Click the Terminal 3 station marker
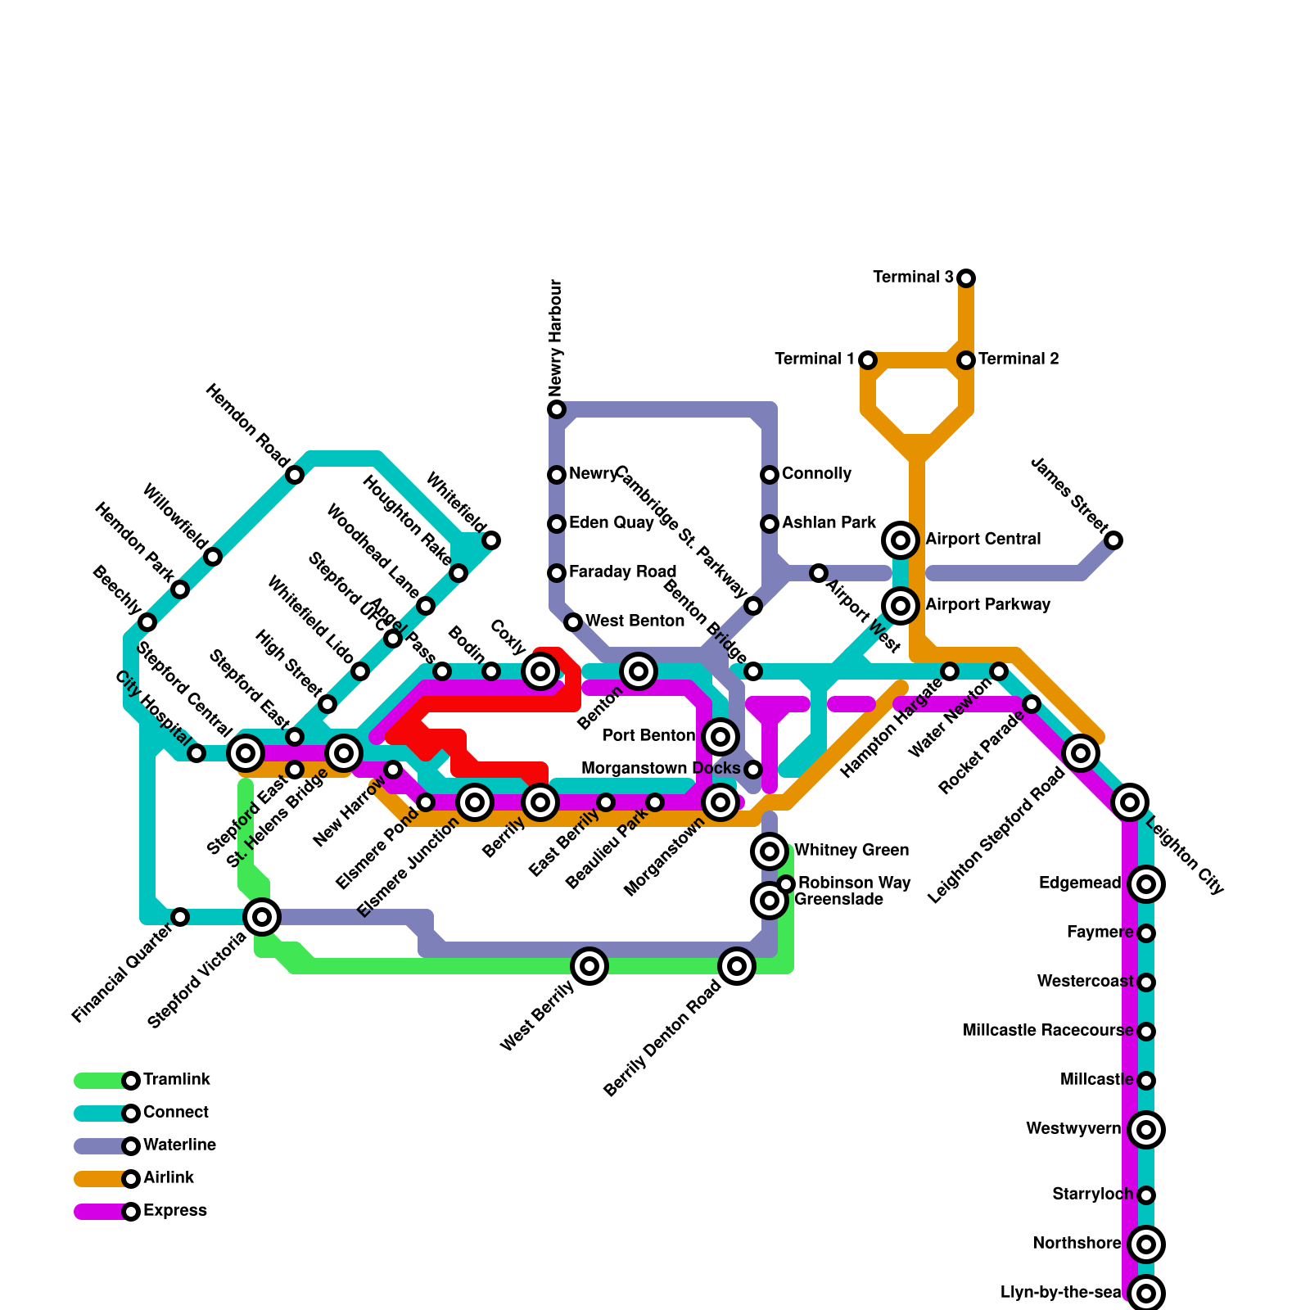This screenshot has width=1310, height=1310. tap(966, 278)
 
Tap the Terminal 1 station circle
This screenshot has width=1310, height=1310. tap(868, 360)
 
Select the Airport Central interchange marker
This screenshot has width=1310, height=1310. tap(901, 540)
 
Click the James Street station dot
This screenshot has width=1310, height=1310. tap(1113, 540)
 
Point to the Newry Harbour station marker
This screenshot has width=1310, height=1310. tap(557, 409)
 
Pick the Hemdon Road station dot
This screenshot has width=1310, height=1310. tap(295, 475)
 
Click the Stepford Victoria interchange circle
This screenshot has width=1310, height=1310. tap(262, 916)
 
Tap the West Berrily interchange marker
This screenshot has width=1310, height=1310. tap(589, 966)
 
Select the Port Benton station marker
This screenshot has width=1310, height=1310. tap(720, 737)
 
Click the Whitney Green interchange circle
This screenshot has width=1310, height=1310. tap(770, 851)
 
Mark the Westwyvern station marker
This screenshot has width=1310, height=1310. tap(1146, 1130)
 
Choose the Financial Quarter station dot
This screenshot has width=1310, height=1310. tap(180, 917)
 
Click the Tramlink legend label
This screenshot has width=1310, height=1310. tap(177, 1080)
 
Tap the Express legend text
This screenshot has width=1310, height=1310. tap(175, 1211)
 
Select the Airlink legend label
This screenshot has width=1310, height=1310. tap(169, 1178)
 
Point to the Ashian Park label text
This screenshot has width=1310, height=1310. tap(829, 523)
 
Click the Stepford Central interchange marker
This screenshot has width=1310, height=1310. tap(246, 752)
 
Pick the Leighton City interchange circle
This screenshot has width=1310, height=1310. tap(1130, 802)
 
